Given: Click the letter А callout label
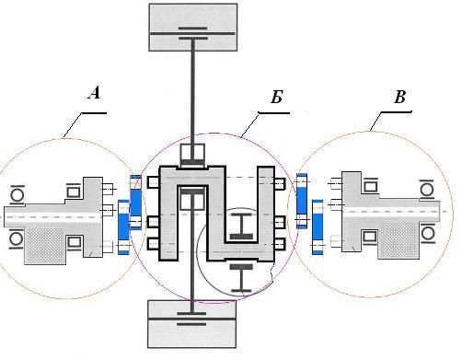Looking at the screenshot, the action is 95,93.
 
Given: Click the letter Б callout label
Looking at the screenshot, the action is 276,98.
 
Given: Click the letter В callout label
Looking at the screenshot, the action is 399,97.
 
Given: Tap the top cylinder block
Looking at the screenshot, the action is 193,27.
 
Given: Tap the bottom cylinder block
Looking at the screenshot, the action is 192,324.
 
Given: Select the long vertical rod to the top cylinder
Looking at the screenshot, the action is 193,91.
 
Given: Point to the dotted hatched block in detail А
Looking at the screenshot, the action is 45,246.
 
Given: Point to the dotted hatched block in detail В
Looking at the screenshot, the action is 398,240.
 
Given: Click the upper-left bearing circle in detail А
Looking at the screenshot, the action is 17,194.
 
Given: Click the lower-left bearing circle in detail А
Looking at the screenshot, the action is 17,239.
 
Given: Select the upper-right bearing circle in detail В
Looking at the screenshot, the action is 427,190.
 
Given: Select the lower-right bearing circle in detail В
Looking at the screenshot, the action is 427,234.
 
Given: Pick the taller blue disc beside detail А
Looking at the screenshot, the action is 135,203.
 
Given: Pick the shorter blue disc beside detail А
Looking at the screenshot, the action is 123,227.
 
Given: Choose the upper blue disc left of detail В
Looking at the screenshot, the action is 302,201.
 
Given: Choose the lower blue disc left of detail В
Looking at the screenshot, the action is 318,226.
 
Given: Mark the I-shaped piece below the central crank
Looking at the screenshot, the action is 241,278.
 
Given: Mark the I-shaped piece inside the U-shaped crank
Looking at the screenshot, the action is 241,226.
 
